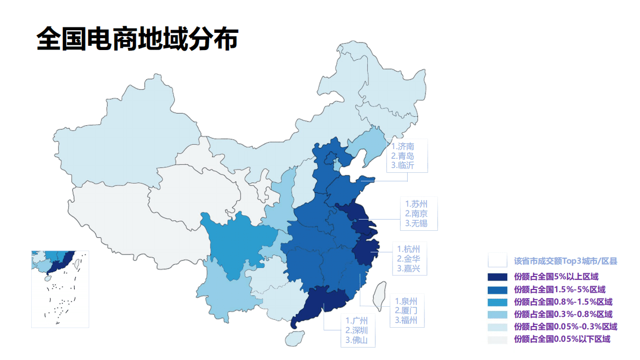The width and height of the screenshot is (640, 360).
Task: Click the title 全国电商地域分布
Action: pyautogui.click(x=137, y=39)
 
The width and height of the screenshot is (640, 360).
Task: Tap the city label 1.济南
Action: pyautogui.click(x=403, y=146)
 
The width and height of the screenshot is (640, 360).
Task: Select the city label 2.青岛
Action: pyautogui.click(x=403, y=156)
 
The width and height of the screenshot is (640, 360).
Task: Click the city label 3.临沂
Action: pyautogui.click(x=403, y=166)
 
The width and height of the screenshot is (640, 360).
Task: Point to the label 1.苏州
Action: pyautogui.click(x=416, y=204)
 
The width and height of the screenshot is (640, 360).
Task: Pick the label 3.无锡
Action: pyautogui.click(x=416, y=223)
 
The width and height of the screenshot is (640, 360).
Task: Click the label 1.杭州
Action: pyautogui.click(x=409, y=249)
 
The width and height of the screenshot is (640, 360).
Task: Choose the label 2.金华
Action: pyautogui.click(x=409, y=259)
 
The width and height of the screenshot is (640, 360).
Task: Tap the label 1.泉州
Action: pyautogui.click(x=406, y=301)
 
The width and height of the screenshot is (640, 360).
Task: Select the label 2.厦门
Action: pyautogui.click(x=406, y=311)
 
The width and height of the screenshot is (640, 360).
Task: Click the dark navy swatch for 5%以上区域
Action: pyautogui.click(x=497, y=277)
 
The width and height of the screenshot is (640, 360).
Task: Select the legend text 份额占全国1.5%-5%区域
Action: pyautogui.click(x=559, y=290)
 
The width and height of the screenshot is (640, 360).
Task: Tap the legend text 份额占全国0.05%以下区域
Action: pyautogui.click(x=562, y=339)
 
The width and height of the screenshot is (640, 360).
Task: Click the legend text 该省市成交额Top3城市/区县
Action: pyautogui.click(x=565, y=261)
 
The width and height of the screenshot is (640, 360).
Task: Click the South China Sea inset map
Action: pyautogui.click(x=60, y=289)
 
